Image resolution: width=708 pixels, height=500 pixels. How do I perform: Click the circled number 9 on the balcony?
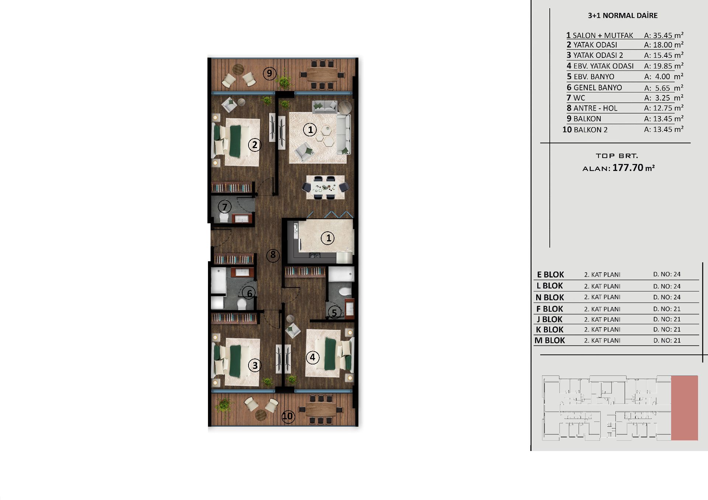(270, 73)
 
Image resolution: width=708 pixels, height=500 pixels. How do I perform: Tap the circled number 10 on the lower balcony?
(288, 416)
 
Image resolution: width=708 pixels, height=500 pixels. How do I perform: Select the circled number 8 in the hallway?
(273, 255)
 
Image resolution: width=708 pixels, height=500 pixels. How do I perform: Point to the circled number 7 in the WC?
(225, 207)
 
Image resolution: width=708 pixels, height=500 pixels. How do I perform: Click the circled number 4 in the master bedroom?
(313, 357)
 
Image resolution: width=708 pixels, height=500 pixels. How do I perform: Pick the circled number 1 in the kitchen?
(328, 238)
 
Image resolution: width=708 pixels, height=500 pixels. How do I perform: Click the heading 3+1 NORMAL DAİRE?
(622, 15)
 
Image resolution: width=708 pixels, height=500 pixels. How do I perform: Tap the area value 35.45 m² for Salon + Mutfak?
(663, 35)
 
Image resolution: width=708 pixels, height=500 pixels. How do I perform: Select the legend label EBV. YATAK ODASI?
(603, 66)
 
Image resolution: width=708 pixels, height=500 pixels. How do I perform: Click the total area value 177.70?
(628, 168)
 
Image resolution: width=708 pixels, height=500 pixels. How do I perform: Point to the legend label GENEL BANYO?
(597, 88)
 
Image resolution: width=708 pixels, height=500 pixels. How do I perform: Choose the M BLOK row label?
(549, 340)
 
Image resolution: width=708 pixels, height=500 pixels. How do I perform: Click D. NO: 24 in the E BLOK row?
(667, 274)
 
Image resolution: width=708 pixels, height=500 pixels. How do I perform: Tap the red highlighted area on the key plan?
(684, 408)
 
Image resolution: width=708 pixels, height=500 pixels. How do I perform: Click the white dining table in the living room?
(325, 187)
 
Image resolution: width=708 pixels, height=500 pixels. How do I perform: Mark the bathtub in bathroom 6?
(218, 281)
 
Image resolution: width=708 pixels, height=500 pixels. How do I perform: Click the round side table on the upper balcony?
(238, 69)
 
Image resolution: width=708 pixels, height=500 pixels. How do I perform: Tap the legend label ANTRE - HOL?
(595, 108)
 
